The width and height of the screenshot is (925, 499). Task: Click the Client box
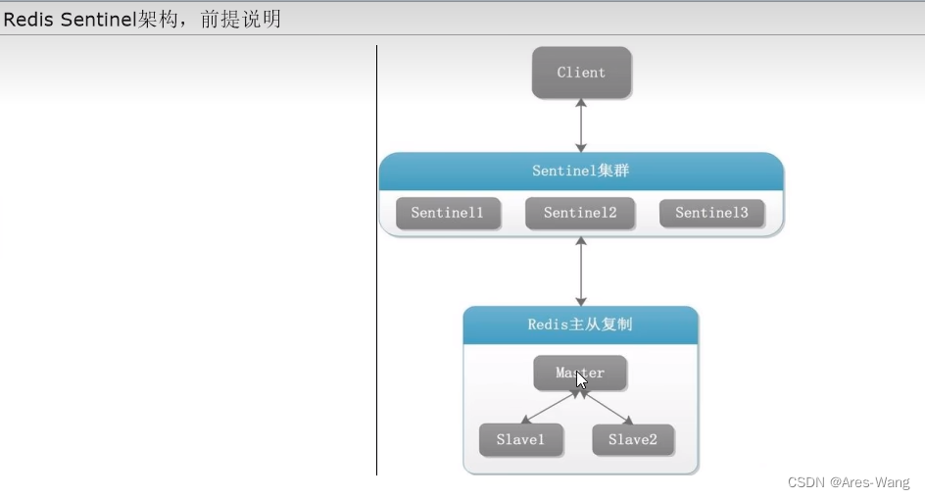581,73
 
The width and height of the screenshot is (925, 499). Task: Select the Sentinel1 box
448,213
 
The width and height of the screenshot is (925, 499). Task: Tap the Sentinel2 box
580,213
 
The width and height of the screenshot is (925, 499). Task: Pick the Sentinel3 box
711,213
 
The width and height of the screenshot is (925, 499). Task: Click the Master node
580,373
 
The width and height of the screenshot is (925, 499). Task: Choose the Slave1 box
520,440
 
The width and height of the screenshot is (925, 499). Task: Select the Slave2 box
633,440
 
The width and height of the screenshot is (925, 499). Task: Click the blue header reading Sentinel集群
581,171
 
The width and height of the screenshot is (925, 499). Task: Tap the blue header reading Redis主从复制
580,324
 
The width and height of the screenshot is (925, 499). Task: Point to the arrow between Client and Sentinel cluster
581,125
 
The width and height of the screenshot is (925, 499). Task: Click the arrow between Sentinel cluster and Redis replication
581,271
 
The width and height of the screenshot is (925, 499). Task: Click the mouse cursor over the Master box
581,380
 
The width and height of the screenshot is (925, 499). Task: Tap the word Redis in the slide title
29,19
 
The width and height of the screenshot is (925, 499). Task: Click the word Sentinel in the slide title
96,19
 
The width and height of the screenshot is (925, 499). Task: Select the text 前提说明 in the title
240,19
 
